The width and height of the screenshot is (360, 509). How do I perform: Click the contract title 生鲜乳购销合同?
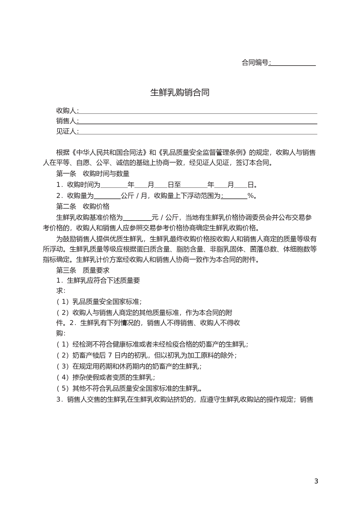180,93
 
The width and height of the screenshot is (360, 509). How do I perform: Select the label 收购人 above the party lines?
66,111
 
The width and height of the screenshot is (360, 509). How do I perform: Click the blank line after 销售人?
197,121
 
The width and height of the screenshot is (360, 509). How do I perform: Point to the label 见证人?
66,131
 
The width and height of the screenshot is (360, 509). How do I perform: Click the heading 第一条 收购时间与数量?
93,174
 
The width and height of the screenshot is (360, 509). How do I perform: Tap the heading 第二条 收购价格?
83,206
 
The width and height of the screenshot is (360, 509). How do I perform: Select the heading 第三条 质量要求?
83,270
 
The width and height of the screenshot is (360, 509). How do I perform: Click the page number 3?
316,481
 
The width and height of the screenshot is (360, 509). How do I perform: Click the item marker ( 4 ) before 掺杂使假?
62,377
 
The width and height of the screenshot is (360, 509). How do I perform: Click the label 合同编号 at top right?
255,63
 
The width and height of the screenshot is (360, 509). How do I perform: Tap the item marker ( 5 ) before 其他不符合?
62,388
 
